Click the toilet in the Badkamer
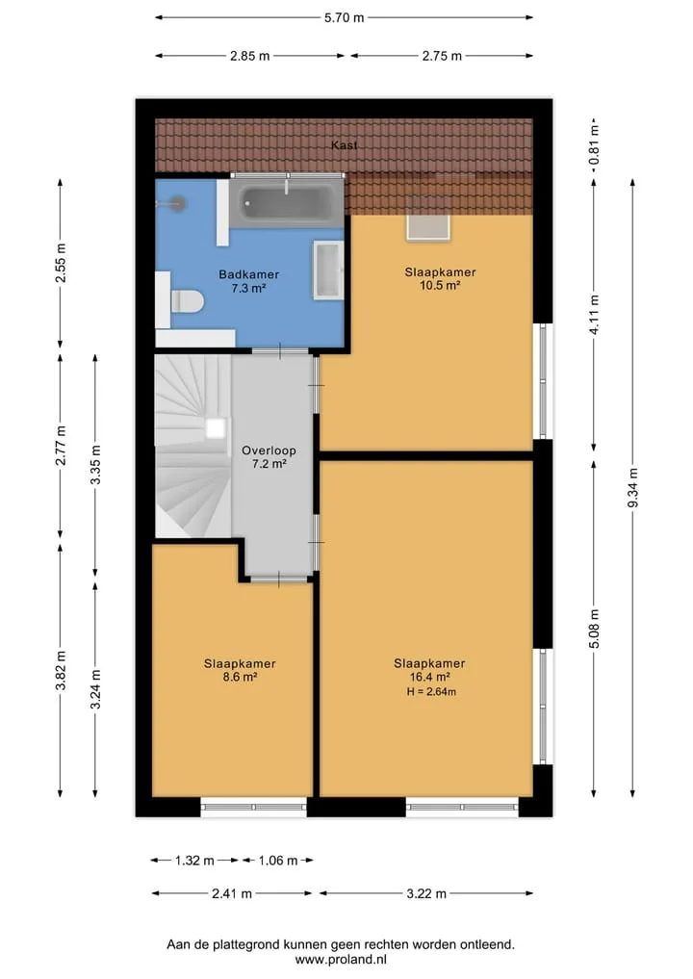point(186,302)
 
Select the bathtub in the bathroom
point(287,201)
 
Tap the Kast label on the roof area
point(344,144)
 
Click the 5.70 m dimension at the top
point(344,17)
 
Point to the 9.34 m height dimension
point(632,488)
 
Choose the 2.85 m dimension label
point(249,56)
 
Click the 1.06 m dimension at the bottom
point(278,861)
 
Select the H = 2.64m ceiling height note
point(431,691)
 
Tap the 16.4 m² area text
point(430,677)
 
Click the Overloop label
point(269,451)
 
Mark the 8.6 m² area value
point(241,677)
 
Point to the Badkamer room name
point(248,274)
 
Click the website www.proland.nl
point(341,960)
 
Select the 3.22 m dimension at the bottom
point(426,893)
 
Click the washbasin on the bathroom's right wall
point(328,270)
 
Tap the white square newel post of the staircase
point(216,428)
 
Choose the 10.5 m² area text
point(440,285)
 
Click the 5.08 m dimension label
point(594,629)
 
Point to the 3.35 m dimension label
point(95,465)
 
